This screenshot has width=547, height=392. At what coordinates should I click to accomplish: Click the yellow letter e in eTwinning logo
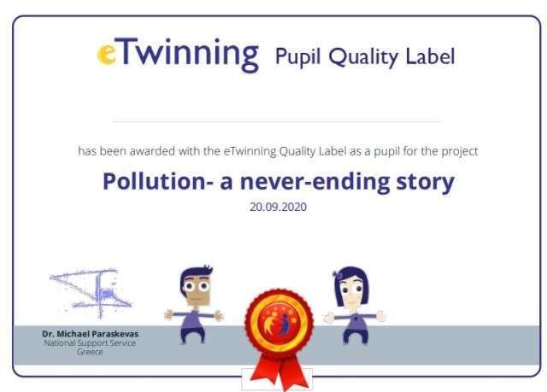106,54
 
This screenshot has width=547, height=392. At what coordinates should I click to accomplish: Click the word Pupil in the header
297,56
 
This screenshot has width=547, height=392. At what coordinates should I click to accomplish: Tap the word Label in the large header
430,56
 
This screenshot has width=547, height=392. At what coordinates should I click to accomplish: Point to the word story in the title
425,183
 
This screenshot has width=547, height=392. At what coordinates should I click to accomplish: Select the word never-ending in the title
315,182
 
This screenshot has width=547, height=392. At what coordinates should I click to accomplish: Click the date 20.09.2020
278,207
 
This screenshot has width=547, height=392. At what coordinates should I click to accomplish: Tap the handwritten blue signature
91,293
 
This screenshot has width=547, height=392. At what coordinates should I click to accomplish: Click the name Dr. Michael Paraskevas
90,334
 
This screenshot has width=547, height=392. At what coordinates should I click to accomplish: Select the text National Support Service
90,343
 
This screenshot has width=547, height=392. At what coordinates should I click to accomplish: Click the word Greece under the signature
90,352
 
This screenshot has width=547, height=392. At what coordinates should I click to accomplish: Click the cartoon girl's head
351,287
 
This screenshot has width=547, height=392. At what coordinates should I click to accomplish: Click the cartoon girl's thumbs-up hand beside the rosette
329,318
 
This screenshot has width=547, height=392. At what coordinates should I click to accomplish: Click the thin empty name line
277,121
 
